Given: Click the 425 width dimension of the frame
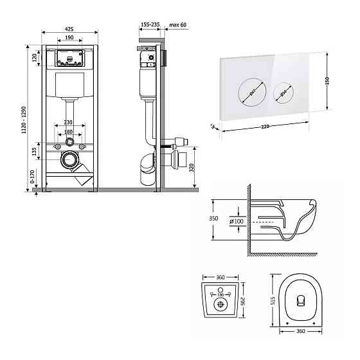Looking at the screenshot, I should pyautogui.click(x=69, y=29).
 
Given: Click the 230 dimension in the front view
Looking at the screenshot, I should pyautogui.click(x=69, y=123).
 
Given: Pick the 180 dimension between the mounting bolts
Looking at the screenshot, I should pyautogui.click(x=69, y=133).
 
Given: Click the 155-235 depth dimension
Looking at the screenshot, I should pyautogui.click(x=150, y=24).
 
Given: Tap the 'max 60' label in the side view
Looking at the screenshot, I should pyautogui.click(x=177, y=24).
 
